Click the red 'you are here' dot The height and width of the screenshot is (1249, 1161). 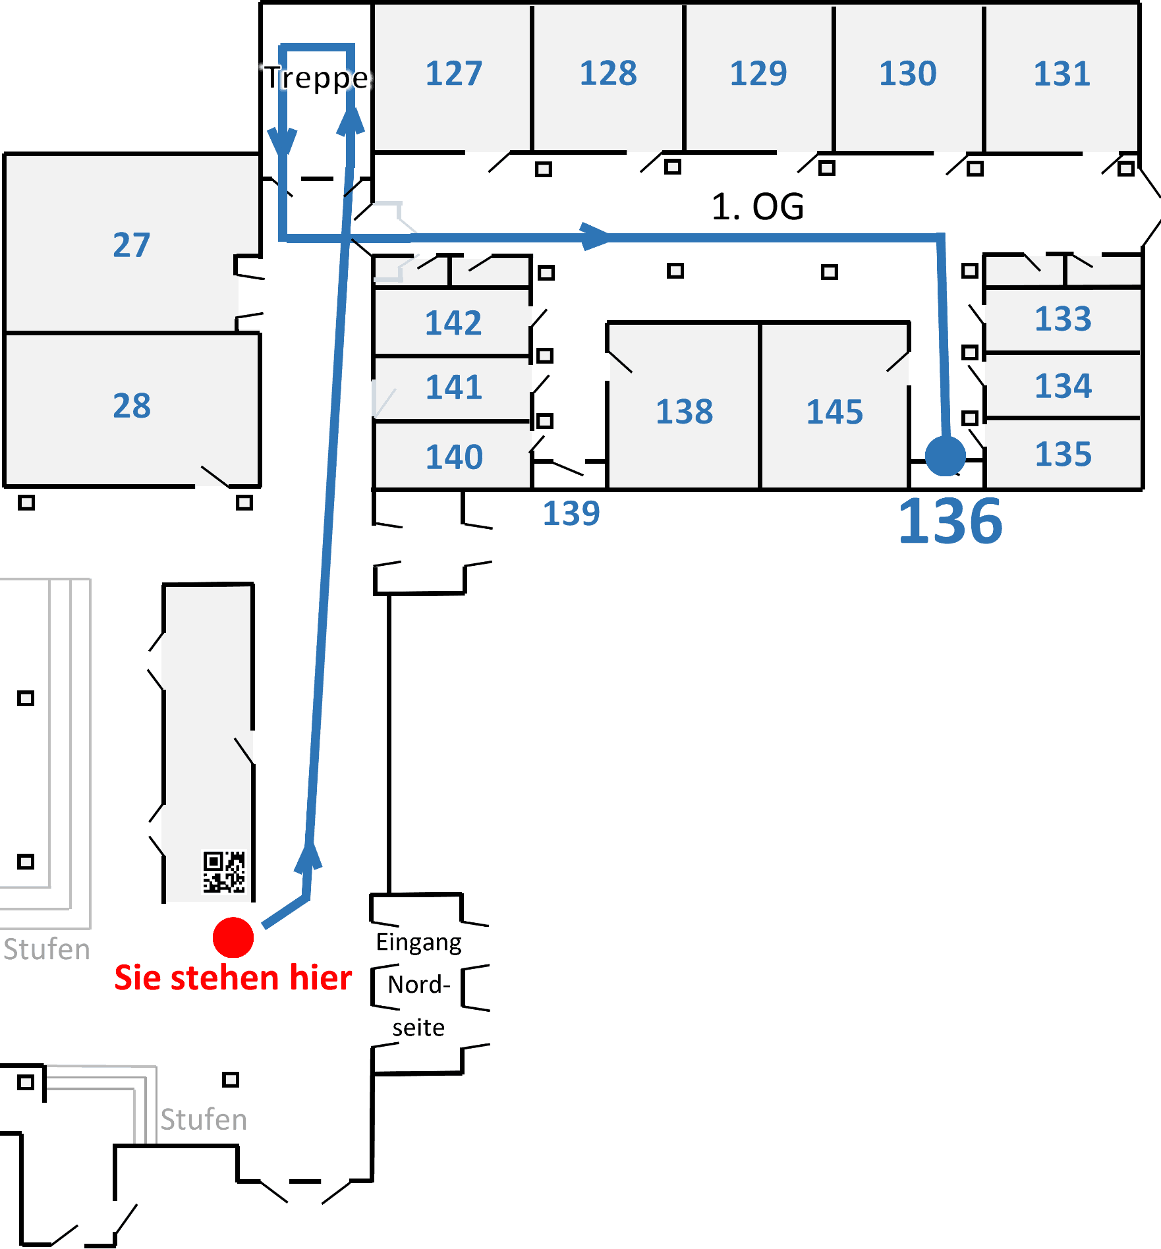233,937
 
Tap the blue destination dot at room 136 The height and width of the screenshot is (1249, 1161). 945,455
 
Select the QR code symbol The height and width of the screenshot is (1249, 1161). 224,872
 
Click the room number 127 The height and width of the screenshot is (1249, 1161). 453,73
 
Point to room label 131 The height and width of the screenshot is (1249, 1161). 1062,74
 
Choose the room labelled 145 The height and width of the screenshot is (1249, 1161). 834,412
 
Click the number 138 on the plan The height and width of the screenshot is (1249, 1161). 684,412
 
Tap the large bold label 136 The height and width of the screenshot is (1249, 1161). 950,522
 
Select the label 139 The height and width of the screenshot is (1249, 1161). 571,513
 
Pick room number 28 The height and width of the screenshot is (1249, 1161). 132,406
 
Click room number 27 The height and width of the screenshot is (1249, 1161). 131,245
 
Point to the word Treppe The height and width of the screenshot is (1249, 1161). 317,78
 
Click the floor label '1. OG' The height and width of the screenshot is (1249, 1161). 758,207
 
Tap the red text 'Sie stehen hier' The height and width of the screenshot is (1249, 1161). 233,978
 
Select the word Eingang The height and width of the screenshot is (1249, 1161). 418,942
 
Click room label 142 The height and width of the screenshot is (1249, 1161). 453,323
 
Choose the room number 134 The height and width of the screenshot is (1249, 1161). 1063,386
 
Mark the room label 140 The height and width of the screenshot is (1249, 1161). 453,457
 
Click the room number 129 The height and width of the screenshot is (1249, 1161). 758,73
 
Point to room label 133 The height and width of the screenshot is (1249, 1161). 1063,319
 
